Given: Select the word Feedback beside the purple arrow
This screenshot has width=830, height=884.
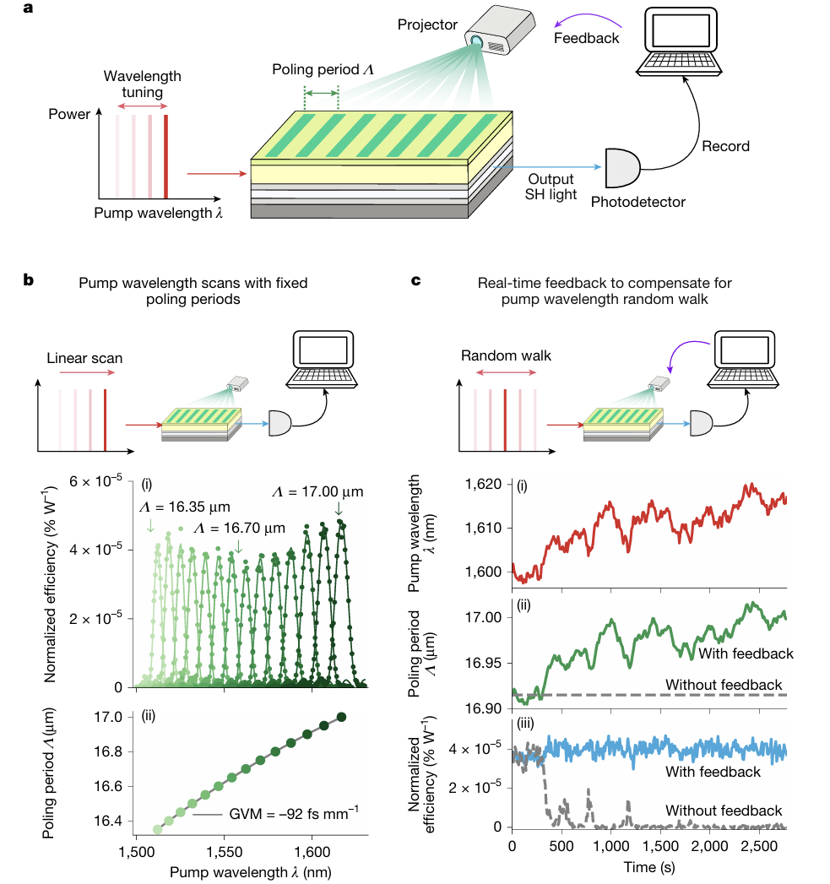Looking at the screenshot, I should (586, 38).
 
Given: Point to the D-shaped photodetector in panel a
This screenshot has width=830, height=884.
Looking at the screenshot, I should (621, 167).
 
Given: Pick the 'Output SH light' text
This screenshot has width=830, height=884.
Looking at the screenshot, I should (551, 187).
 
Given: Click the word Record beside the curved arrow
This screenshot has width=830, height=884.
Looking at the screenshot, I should (726, 145).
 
